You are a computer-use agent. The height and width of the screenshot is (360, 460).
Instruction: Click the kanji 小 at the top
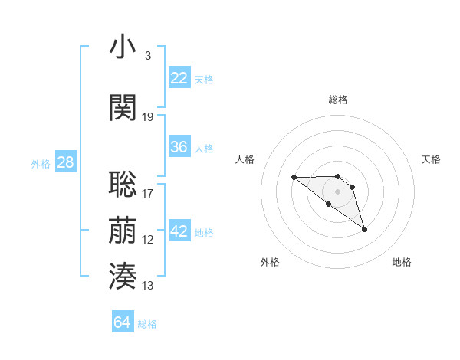point(123,47)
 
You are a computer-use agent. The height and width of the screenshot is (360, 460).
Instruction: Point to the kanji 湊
point(123,275)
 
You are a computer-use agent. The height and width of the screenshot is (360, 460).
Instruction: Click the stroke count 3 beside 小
point(147,56)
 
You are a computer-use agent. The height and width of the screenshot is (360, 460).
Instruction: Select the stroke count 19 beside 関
point(148,117)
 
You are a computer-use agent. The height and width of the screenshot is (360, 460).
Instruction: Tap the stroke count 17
point(148,194)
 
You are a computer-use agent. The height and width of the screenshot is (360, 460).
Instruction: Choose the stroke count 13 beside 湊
point(148,286)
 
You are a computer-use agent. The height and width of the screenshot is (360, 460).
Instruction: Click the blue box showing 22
point(179,78)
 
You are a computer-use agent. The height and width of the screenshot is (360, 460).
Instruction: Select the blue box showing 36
point(179,147)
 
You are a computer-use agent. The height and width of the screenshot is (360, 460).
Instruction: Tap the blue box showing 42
point(179,231)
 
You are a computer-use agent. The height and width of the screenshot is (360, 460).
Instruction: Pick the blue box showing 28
point(65,162)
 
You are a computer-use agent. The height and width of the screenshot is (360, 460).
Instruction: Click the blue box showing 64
point(122,323)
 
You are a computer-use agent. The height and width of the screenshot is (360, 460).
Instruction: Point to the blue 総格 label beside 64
point(148,325)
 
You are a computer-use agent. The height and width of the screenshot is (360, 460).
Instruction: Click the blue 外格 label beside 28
point(41,163)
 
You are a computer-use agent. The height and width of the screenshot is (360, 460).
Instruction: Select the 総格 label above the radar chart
point(338,100)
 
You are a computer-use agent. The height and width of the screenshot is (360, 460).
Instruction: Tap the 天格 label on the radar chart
point(431,159)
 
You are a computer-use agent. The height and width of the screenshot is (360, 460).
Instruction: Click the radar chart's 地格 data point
point(364,229)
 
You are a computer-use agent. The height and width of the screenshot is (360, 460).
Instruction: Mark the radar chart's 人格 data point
point(294,178)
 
